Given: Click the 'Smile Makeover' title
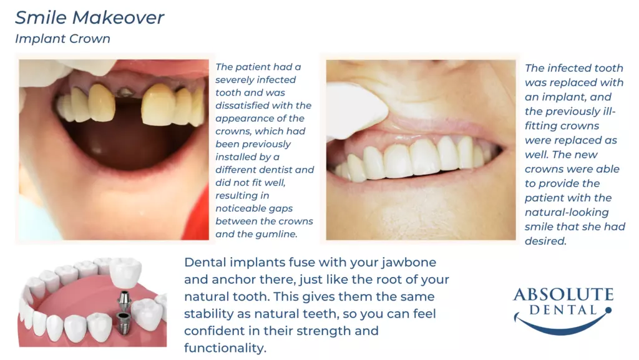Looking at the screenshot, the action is point(90,17).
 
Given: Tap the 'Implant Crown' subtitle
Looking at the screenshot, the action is point(63,39).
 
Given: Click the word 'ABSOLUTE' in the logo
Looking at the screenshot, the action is point(563,294).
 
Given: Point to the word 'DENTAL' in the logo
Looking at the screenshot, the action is point(563,310).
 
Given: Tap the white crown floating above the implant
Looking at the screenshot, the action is point(126,272).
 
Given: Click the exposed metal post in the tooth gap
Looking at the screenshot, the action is point(125,92).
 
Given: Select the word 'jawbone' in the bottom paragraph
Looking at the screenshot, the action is point(409,262).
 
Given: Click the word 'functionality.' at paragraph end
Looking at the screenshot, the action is point(225,348).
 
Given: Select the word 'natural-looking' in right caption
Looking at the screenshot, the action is point(567,213).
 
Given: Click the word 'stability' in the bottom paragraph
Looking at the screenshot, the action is point(208,314).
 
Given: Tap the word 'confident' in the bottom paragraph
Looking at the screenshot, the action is point(215,331).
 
